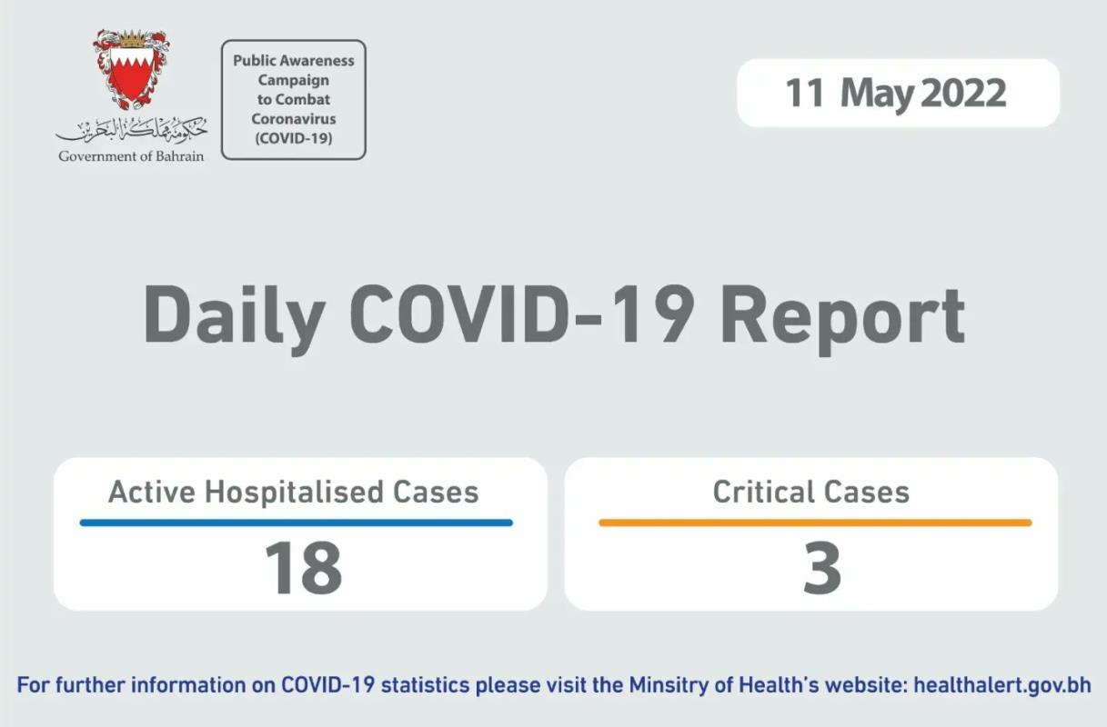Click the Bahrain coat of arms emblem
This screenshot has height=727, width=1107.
pyautogui.click(x=132, y=69)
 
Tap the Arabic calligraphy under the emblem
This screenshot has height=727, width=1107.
pyautogui.click(x=132, y=130)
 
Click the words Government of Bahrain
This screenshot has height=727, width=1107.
pyautogui.click(x=131, y=156)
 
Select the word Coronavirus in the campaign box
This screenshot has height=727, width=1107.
pyautogui.click(x=294, y=118)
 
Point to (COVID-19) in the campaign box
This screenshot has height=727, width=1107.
pyautogui.click(x=294, y=138)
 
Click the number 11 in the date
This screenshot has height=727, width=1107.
pyautogui.click(x=805, y=93)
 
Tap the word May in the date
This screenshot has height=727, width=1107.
pyautogui.click(x=877, y=95)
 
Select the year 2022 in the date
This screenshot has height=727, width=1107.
pyautogui.click(x=963, y=93)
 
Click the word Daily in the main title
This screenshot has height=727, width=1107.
pyautogui.click(x=234, y=316)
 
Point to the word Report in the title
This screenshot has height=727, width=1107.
pyautogui.click(x=843, y=319)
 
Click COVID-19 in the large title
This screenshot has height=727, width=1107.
pyautogui.click(x=522, y=314)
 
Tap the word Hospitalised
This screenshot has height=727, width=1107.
pyautogui.click(x=294, y=493)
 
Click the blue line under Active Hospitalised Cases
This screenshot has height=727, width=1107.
pyautogui.click(x=296, y=523)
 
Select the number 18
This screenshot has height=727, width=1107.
pyautogui.click(x=303, y=567)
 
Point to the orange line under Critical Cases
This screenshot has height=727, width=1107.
pyautogui.click(x=815, y=523)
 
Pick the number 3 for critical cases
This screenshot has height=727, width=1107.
pyautogui.click(x=822, y=567)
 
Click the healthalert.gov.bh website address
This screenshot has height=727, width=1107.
pyautogui.click(x=1002, y=685)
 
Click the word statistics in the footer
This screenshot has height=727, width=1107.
pyautogui.click(x=425, y=685)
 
